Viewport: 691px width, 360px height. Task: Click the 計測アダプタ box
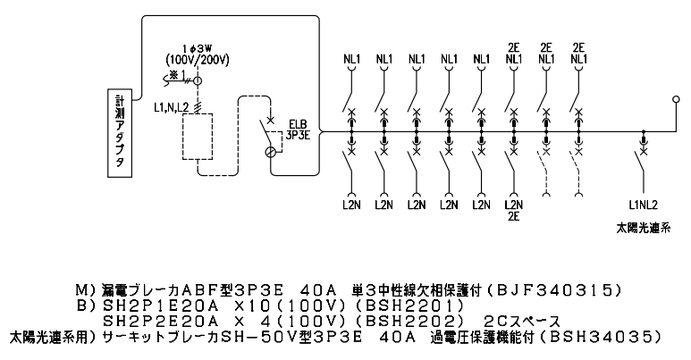pos(122,137)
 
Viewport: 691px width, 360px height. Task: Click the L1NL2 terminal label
pos(643,204)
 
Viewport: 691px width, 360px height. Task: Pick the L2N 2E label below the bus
pos(513,210)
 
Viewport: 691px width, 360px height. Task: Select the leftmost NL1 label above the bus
pos(352,60)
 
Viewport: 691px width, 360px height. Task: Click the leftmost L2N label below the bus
pos(352,205)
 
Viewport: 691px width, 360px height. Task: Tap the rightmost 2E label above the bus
pos(578,47)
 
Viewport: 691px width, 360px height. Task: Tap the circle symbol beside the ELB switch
pos(272,153)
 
